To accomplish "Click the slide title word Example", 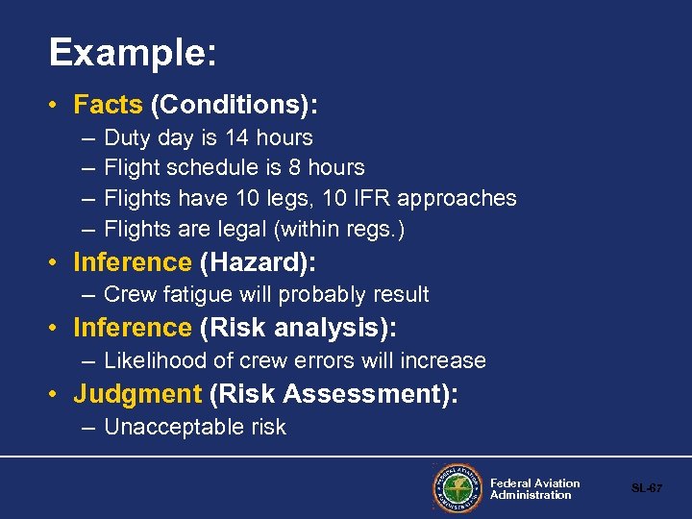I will tap(132, 53).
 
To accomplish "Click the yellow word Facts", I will tap(108, 103).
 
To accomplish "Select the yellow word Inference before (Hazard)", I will tap(133, 262).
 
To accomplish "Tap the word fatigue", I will tap(194, 294).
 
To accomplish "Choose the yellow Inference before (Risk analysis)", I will tap(133, 328).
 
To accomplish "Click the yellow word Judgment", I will tap(137, 394).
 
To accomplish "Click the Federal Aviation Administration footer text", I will tap(534, 489).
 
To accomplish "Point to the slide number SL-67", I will tap(646, 488).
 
